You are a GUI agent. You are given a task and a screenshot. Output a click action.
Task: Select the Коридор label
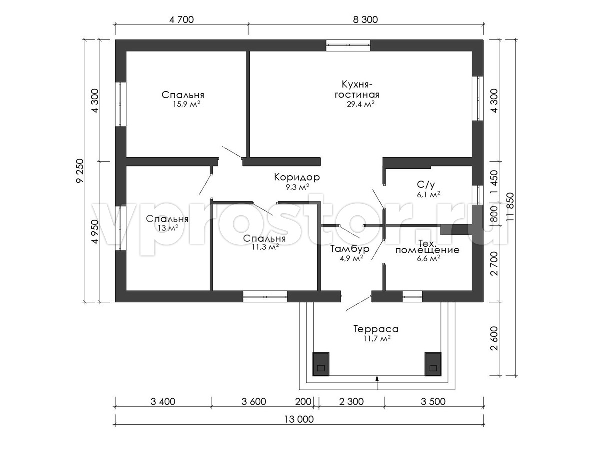click(x=297, y=177)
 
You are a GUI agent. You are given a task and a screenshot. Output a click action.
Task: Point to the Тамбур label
click(x=350, y=249)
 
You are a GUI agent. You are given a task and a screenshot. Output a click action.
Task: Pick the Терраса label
click(x=375, y=329)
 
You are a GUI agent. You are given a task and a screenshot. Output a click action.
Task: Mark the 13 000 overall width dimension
click(x=299, y=420)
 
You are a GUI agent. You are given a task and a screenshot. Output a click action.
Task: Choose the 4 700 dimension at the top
click(x=181, y=20)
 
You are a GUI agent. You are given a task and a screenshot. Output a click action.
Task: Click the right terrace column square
click(x=433, y=364)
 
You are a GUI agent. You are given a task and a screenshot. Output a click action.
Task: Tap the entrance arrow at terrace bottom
click(x=377, y=381)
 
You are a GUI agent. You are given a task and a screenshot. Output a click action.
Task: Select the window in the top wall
click(x=348, y=45)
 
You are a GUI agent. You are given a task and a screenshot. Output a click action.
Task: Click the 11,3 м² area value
click(x=265, y=247)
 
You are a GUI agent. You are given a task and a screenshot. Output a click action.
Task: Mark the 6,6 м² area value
click(x=428, y=259)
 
